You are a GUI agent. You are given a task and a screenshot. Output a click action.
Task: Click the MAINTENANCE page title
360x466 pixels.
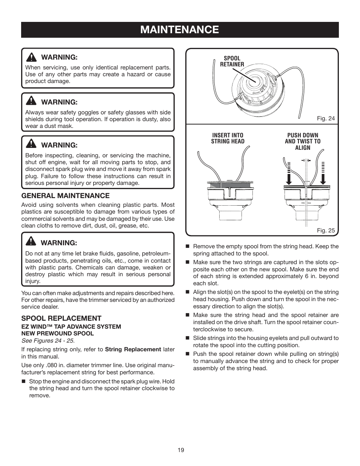point(180,30)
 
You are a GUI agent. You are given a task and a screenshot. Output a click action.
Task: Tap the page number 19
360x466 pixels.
point(181,450)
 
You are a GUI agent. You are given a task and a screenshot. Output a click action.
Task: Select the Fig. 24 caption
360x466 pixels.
point(326,118)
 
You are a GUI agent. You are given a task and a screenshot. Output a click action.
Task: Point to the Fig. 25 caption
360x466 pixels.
point(326,230)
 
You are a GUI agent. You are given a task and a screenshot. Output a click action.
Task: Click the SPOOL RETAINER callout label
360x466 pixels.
point(232,61)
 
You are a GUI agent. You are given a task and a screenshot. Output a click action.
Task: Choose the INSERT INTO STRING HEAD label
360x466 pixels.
point(228,138)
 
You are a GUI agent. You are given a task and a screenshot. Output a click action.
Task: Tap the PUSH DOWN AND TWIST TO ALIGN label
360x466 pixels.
point(303,141)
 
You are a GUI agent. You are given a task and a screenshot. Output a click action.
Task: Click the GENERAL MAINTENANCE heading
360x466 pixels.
point(65,195)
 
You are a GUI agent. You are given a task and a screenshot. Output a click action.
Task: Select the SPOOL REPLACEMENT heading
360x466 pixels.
point(61,318)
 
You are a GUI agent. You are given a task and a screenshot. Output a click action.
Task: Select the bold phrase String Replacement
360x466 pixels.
point(133,349)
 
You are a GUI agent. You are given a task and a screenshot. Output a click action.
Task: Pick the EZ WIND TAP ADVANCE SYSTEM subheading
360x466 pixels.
point(71,327)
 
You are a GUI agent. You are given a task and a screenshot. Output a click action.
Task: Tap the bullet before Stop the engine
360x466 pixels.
point(23,381)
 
